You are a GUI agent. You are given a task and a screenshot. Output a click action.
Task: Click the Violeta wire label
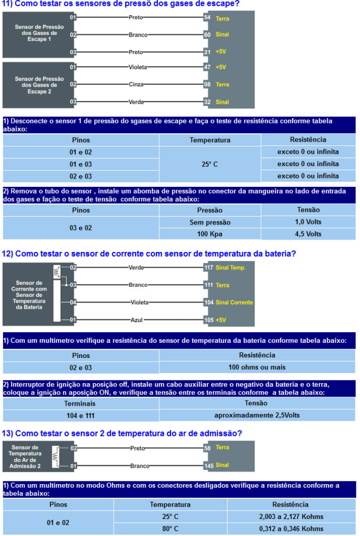[138, 67]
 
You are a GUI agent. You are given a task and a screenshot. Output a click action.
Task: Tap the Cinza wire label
[137, 84]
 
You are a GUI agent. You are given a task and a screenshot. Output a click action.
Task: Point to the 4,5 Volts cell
[308, 234]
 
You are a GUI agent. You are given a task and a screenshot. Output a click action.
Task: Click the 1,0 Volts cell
[308, 222]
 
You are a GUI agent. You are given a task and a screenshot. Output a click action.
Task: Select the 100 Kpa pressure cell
[210, 234]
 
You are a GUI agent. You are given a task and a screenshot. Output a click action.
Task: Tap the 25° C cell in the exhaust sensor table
[210, 164]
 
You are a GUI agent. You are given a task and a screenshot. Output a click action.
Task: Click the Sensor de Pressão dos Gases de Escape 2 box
[39, 85]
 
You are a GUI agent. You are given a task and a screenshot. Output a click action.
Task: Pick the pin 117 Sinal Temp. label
[225, 268]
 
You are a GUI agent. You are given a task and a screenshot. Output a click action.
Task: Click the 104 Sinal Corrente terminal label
[228, 302]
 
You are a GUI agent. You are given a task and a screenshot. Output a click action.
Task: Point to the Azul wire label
[137, 320]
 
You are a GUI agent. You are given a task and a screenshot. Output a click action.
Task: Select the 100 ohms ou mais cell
[257, 367]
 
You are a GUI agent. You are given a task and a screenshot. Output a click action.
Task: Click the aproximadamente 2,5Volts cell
[257, 415]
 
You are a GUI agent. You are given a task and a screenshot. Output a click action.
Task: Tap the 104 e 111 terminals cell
[81, 415]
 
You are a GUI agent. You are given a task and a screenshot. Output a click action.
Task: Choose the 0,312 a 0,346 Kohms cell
[291, 529]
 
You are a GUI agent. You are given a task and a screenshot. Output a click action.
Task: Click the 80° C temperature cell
[170, 529]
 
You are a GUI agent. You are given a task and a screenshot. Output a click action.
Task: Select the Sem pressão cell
[210, 222]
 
